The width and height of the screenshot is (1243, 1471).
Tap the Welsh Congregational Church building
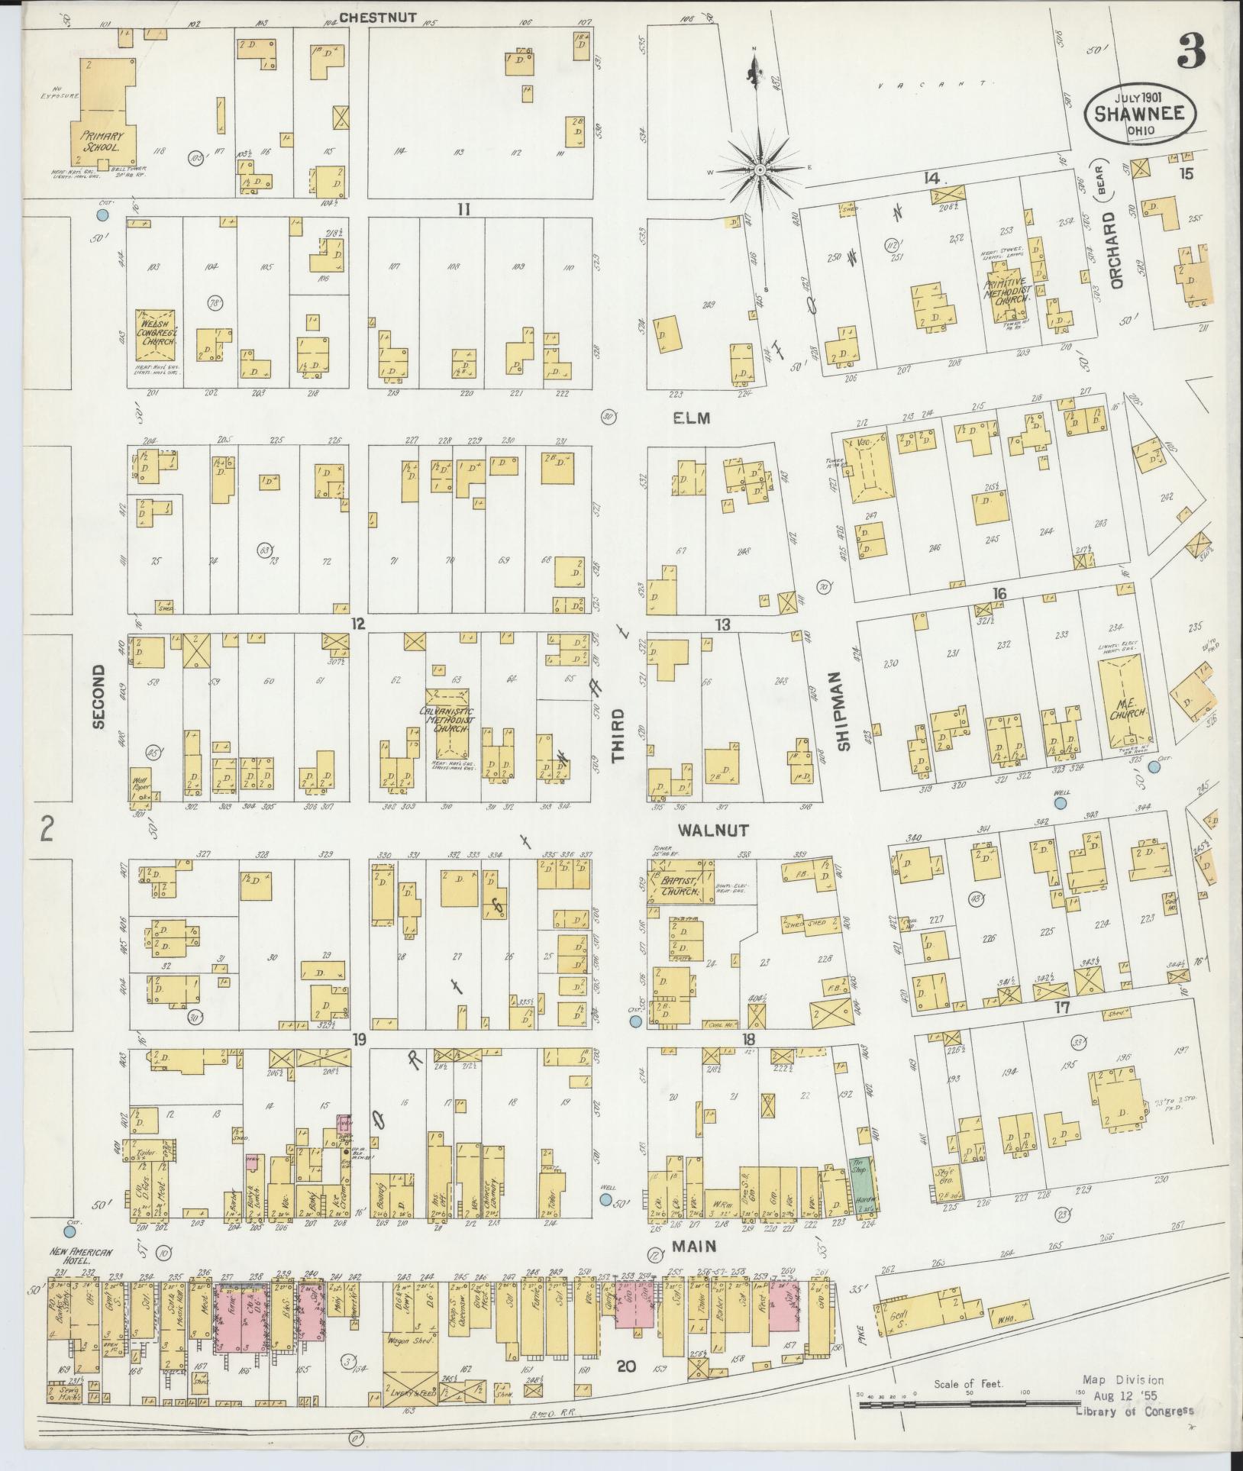(x=157, y=334)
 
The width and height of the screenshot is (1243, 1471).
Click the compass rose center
(x=760, y=171)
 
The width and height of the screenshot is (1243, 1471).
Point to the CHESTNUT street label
(x=378, y=17)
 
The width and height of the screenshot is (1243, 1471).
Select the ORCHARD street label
(x=1118, y=250)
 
